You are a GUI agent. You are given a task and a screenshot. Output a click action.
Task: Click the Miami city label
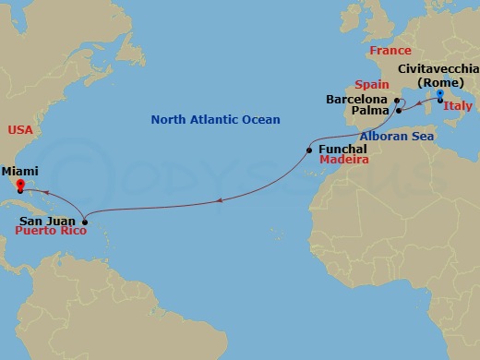pos(20,172)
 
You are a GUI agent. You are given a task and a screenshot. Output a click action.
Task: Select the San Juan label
pos(46,222)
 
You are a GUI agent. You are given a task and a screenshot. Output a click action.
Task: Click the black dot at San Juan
pos(84,222)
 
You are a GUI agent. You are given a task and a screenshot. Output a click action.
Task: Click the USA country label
pos(19,130)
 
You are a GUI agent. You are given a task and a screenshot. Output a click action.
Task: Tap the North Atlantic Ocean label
pos(215,120)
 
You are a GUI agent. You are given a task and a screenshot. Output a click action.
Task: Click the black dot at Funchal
pos(310,149)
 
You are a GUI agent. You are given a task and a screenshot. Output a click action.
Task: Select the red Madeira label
pos(344,160)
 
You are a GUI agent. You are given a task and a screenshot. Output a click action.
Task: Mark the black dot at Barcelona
pos(395,100)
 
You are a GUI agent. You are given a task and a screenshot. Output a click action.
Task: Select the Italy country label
pos(459,107)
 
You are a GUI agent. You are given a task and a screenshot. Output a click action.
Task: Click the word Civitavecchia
pos(438,69)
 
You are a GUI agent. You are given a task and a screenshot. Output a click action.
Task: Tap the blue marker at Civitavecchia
pos(440,94)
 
